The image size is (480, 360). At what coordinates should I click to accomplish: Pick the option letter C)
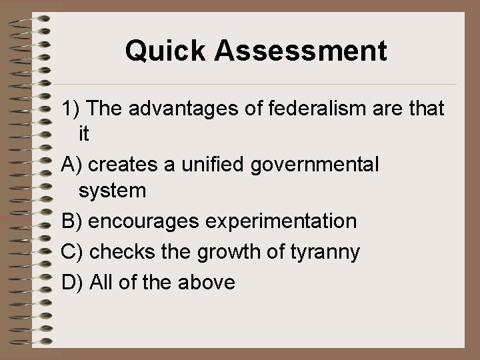point(72,252)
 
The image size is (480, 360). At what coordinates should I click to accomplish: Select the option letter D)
point(72,283)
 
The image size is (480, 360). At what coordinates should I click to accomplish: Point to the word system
point(111,191)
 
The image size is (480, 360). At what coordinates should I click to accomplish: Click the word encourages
point(141,221)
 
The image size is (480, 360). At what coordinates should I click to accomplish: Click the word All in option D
point(102,283)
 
